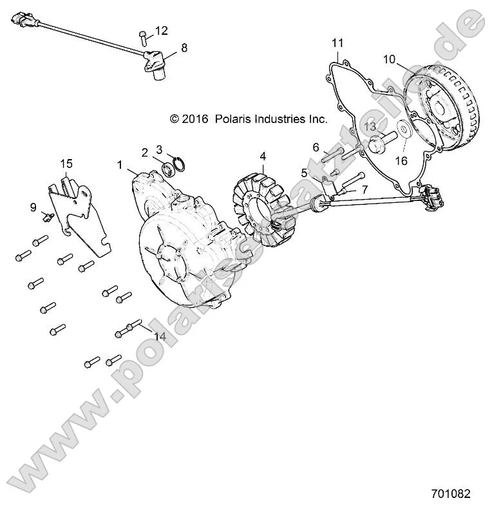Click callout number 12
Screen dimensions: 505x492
tap(161, 30)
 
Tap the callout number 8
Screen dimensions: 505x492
tap(184, 47)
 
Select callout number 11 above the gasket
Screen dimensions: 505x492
tap(337, 43)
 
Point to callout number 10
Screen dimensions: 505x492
tap(388, 59)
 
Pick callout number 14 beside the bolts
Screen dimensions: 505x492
tap(160, 336)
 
